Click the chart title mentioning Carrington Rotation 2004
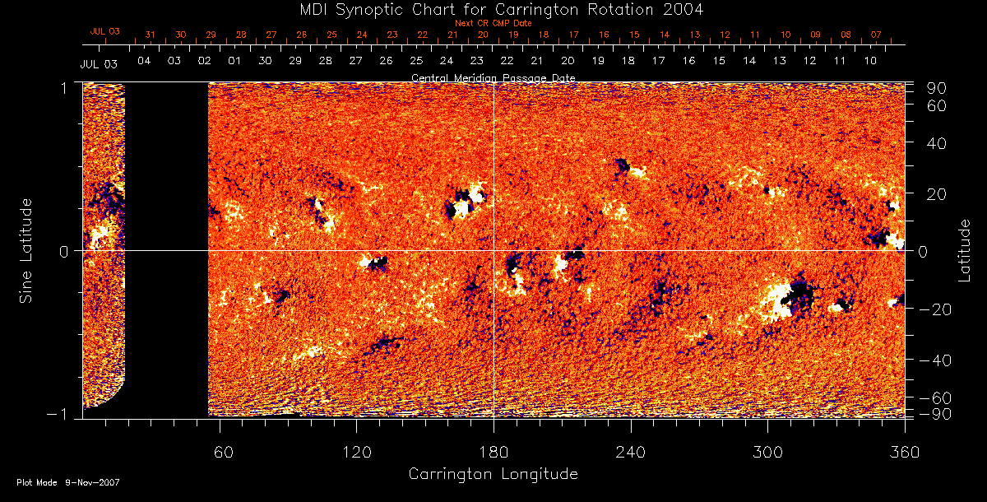click(493, 9)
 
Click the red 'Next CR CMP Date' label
click(493, 23)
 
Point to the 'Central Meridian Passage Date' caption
click(493, 78)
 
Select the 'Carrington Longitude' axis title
click(493, 474)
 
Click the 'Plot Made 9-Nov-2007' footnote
click(68, 482)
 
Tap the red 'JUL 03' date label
click(104, 31)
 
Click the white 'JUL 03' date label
click(99, 64)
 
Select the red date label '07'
click(876, 35)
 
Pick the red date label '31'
click(150, 35)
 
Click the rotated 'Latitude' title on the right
click(965, 250)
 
